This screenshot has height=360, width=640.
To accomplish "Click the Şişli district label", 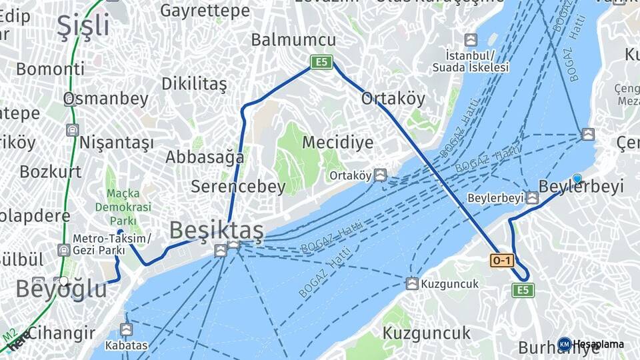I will click(83, 25).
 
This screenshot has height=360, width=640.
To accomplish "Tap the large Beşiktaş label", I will click(216, 230).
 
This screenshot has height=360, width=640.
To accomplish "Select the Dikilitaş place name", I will click(194, 84).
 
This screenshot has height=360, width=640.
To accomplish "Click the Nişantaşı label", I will click(116, 143).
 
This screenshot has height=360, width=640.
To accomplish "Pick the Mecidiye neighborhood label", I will click(337, 142).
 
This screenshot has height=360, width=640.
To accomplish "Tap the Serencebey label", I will click(238, 187).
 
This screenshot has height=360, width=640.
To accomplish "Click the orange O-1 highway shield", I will click(502, 261).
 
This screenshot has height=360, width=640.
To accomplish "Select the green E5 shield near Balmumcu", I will click(321, 62).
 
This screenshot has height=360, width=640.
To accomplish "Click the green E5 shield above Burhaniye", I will click(523, 290).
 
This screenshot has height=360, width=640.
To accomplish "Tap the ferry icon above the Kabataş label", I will click(126, 329).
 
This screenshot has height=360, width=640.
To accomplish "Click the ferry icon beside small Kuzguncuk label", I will click(413, 284).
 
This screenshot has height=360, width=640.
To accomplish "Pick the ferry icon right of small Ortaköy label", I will click(380, 175).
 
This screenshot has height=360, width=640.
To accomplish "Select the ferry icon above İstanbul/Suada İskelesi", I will click(471, 40).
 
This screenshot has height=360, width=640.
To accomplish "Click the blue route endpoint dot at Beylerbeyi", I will click(577, 179).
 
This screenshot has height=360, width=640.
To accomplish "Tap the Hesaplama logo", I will click(591, 344).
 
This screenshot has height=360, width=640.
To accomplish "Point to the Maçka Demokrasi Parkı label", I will click(129, 207).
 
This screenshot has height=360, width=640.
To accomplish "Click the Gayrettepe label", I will click(205, 11).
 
